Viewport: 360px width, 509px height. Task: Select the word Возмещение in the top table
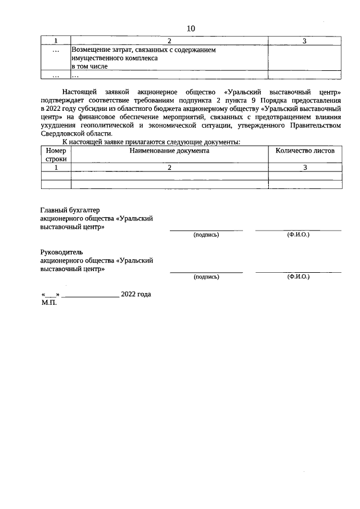point(91,50)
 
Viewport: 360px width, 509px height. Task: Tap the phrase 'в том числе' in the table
point(89,66)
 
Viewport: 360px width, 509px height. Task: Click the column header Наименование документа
point(169,151)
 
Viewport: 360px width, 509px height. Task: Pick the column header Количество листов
point(304,151)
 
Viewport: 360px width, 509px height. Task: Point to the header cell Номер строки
point(56,155)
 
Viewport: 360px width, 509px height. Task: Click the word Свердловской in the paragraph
point(62,134)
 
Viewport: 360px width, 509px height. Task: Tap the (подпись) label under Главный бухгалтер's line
point(206,235)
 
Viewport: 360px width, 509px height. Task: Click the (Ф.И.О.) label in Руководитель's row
point(298,277)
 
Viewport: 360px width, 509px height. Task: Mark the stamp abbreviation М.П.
point(49,303)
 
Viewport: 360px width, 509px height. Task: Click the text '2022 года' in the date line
point(136,294)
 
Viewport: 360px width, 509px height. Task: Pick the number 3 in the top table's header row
point(304,41)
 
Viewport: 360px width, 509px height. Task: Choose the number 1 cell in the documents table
point(56,168)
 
